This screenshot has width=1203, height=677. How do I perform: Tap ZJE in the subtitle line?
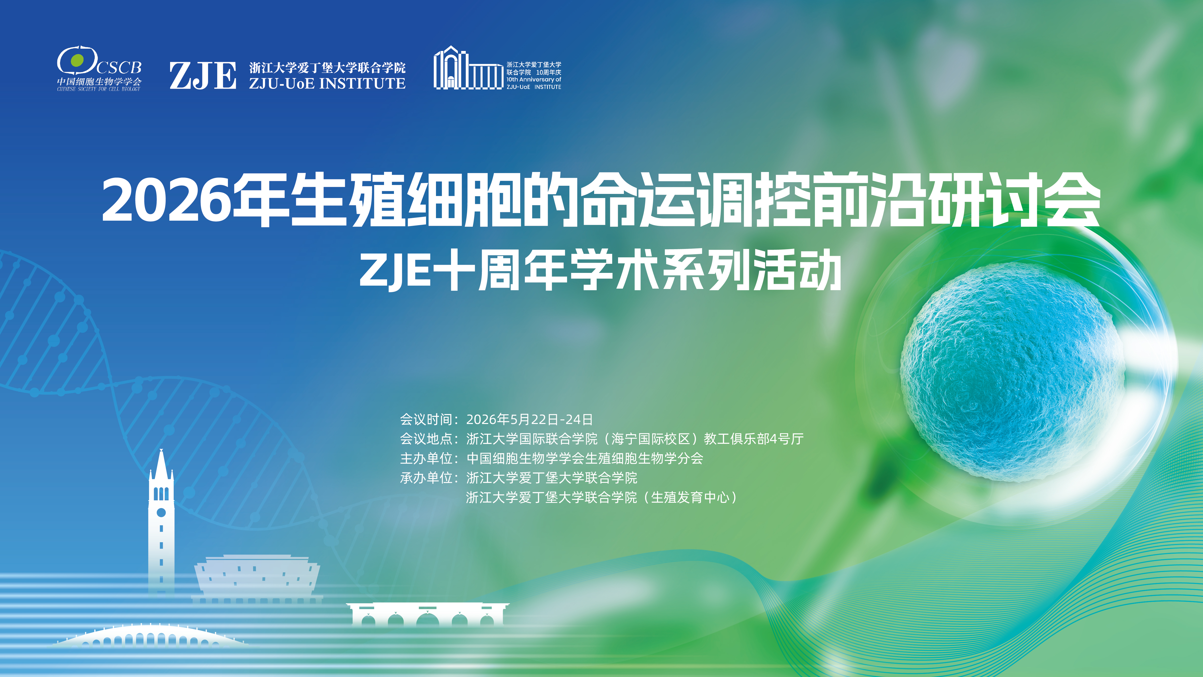click(x=395, y=271)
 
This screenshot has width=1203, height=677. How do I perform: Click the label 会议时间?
click(x=426, y=419)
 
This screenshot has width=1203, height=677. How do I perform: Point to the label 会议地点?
click(x=426, y=439)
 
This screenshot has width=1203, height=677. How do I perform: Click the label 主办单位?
click(x=426, y=458)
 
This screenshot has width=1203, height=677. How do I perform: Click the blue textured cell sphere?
click(x=1011, y=371)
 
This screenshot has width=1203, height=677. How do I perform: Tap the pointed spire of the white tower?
click(x=161, y=462)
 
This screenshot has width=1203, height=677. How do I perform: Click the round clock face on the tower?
click(x=161, y=513)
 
